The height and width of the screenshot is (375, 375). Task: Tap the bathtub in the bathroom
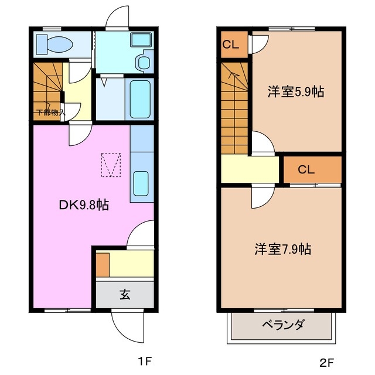(140, 100)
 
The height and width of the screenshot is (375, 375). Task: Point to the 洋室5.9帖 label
(296, 91)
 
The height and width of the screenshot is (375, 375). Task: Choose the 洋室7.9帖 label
(282, 249)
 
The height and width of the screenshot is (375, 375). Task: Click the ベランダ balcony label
(282, 324)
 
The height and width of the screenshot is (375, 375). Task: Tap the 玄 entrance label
(125, 294)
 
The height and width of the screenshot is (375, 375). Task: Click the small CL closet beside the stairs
(233, 44)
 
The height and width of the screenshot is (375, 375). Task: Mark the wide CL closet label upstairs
(306, 170)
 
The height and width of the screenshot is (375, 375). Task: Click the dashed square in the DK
(111, 165)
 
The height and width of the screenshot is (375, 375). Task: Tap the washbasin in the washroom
(141, 61)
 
